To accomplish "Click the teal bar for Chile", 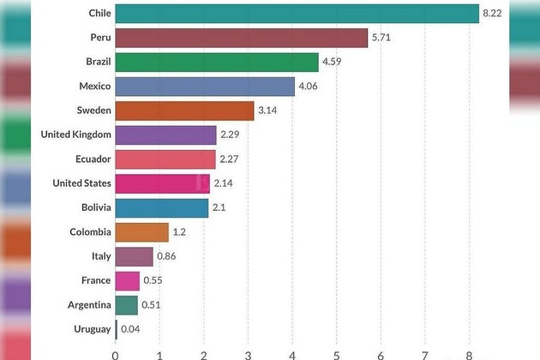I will tap(297, 14).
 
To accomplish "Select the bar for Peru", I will tap(241, 38).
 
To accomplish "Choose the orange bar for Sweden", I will tap(184, 111).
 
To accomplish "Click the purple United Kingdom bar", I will tap(165, 135).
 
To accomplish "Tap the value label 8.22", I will tap(492, 14).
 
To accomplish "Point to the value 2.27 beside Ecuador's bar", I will tap(230, 159).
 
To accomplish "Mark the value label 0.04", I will tap(130, 328).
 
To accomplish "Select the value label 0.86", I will tap(167, 256).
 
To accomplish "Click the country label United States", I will tap(81, 183).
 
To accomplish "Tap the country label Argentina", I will tap(89, 304).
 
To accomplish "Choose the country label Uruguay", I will tap(92, 328).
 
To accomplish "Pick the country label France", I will tap(96, 280).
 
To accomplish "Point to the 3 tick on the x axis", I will tap(248, 352).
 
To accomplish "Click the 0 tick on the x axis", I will tap(115, 352).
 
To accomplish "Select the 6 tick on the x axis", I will tap(381, 352).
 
